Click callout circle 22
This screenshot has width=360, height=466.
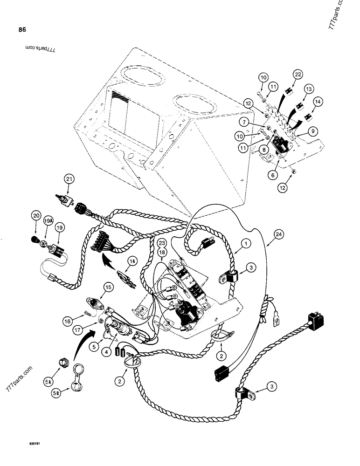(x=298, y=74)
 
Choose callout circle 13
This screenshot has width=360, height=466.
(x=308, y=89)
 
